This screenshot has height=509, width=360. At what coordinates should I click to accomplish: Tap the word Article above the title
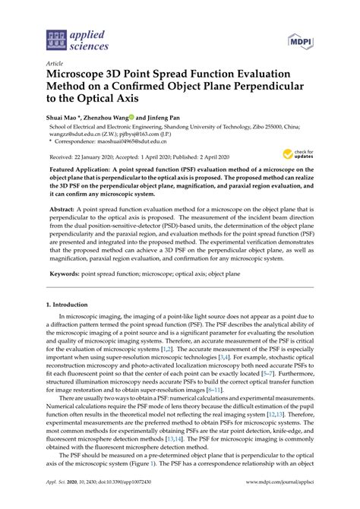55,65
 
